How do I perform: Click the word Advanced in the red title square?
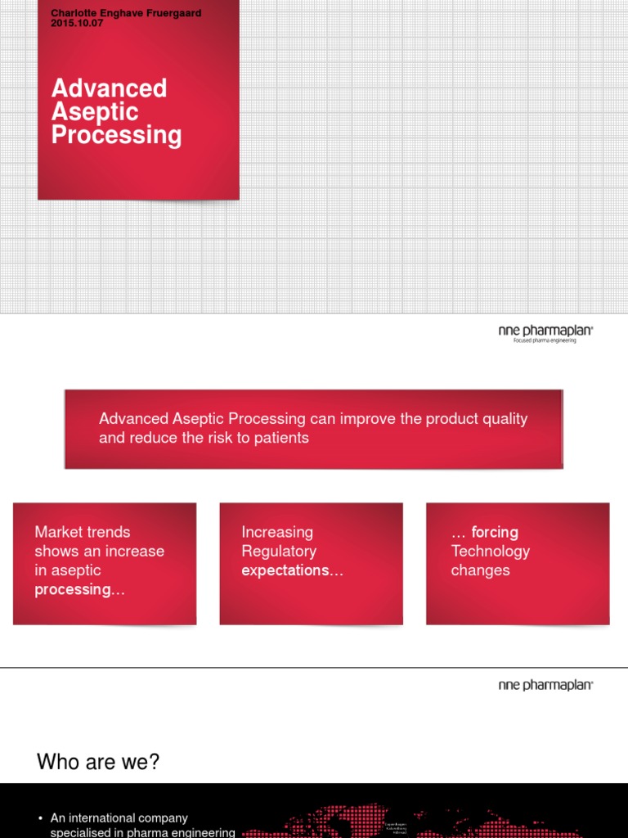click(x=109, y=88)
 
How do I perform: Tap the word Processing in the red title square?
click(x=116, y=135)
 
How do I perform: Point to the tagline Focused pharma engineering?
click(x=545, y=340)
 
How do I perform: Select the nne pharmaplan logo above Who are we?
click(x=545, y=685)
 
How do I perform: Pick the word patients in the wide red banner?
click(x=280, y=438)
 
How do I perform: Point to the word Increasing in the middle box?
click(x=277, y=532)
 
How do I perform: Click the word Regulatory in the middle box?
click(x=279, y=552)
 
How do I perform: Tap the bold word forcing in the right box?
click(x=495, y=532)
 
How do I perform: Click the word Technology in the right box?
click(x=490, y=552)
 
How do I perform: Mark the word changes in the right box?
click(x=480, y=570)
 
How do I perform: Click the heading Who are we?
click(x=98, y=763)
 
